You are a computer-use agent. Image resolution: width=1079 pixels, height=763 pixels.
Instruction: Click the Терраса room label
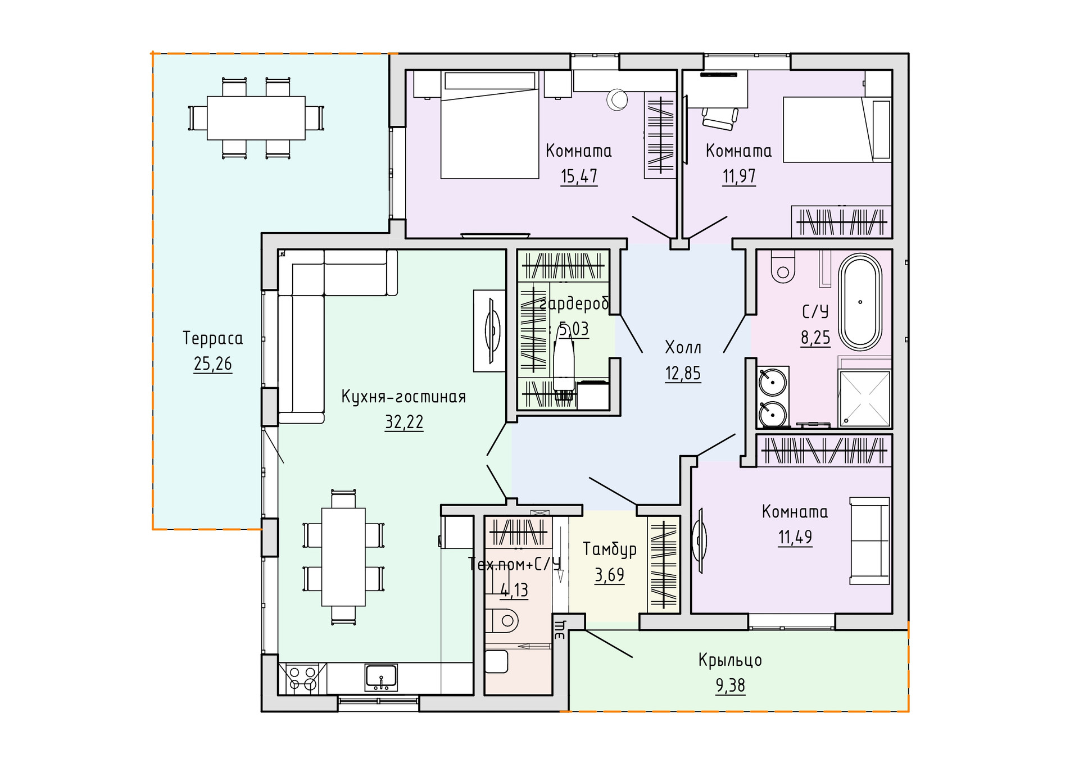click(x=212, y=338)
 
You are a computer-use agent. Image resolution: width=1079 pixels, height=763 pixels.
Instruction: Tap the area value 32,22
click(x=404, y=422)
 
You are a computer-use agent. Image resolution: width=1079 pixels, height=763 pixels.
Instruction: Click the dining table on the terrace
click(x=256, y=118)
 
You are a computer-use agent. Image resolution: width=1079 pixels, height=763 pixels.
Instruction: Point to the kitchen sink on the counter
click(x=381, y=677)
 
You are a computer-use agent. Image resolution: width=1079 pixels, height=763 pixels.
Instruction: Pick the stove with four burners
click(x=302, y=678)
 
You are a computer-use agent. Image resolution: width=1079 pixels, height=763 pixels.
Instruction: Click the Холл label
click(x=683, y=348)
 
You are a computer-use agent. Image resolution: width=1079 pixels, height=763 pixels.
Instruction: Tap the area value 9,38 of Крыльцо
click(x=730, y=685)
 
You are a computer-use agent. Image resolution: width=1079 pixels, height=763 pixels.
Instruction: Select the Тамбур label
click(x=610, y=549)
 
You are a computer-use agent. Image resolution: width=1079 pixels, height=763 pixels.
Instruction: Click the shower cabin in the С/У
click(x=864, y=398)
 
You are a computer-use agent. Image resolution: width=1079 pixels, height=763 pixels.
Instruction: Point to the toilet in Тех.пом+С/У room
click(x=501, y=620)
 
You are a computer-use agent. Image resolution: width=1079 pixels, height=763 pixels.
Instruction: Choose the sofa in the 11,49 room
click(x=869, y=541)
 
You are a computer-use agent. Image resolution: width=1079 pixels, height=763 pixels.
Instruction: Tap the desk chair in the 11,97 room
click(x=719, y=118)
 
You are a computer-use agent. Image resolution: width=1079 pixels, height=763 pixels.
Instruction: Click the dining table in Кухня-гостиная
click(x=343, y=557)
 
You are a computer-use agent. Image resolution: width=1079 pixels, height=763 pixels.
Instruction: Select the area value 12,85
click(x=683, y=374)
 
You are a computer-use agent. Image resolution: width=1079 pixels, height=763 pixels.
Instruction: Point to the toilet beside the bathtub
click(x=783, y=266)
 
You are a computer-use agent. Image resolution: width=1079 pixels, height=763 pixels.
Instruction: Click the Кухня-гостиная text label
click(x=404, y=397)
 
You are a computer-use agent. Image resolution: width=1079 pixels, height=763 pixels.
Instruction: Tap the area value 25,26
click(x=212, y=364)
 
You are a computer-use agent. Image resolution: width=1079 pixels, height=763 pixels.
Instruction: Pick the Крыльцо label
click(x=730, y=660)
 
